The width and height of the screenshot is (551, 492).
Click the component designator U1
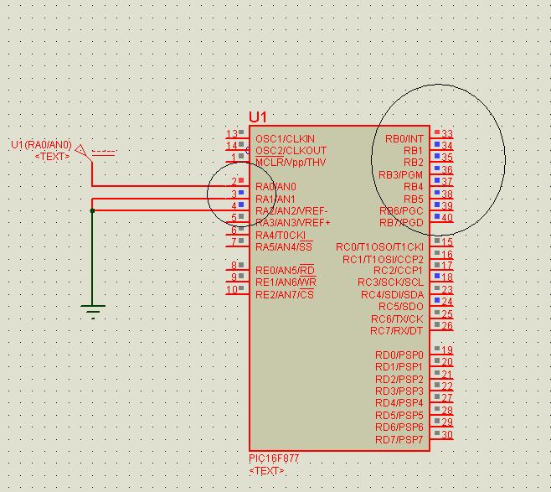coord(257,117)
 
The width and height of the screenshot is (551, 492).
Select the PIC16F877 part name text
coord(273,458)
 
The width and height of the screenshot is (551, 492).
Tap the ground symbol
coord(93,311)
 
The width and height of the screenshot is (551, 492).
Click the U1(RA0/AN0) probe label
coord(41,145)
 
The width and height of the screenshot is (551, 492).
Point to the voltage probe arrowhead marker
coord(81,152)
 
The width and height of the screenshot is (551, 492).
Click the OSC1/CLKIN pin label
coord(285,138)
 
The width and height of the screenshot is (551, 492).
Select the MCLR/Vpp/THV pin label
coord(291,162)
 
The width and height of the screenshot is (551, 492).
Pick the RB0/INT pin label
coord(404,138)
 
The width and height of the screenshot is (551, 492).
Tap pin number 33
coord(447,134)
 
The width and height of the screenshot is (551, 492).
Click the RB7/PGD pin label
coord(401,223)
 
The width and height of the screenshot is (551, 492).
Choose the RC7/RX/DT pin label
coord(397,331)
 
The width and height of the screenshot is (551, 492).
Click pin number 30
coord(447,435)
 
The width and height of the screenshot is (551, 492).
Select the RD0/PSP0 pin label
coord(399,355)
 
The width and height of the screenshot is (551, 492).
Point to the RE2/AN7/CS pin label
coord(285,295)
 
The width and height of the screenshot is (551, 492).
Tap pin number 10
coord(232,290)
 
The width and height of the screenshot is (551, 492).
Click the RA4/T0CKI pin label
coord(281,236)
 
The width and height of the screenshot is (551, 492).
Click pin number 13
coord(232,134)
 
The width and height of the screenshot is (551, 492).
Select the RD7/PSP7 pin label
coord(399,440)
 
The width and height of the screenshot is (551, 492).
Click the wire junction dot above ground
coord(92,210)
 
